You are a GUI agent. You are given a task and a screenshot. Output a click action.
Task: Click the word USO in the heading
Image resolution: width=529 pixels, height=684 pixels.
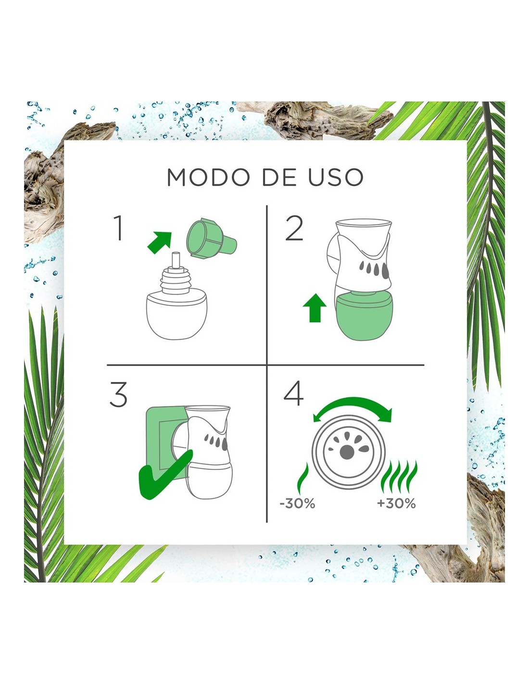point(336,177)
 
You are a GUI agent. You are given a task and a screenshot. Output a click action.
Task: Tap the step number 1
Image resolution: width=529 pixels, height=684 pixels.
point(118,228)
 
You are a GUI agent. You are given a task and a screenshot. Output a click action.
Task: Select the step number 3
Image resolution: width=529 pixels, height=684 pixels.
point(118,394)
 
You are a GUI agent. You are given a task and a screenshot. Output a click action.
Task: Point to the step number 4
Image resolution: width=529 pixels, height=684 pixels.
point(293,393)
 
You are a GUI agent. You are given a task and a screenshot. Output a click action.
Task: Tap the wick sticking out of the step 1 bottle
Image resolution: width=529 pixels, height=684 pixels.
point(176,260)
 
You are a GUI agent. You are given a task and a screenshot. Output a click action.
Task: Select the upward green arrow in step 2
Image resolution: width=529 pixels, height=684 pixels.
point(315,308)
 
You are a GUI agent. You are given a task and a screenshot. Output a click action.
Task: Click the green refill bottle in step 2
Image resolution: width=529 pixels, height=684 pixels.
point(365,316)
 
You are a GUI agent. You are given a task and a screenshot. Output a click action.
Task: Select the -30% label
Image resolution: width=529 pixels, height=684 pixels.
point(297,504)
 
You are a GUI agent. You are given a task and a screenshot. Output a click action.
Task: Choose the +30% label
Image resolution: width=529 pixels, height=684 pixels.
point(397,504)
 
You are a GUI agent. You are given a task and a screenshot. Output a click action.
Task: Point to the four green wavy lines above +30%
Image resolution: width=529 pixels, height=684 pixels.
point(399,477)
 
